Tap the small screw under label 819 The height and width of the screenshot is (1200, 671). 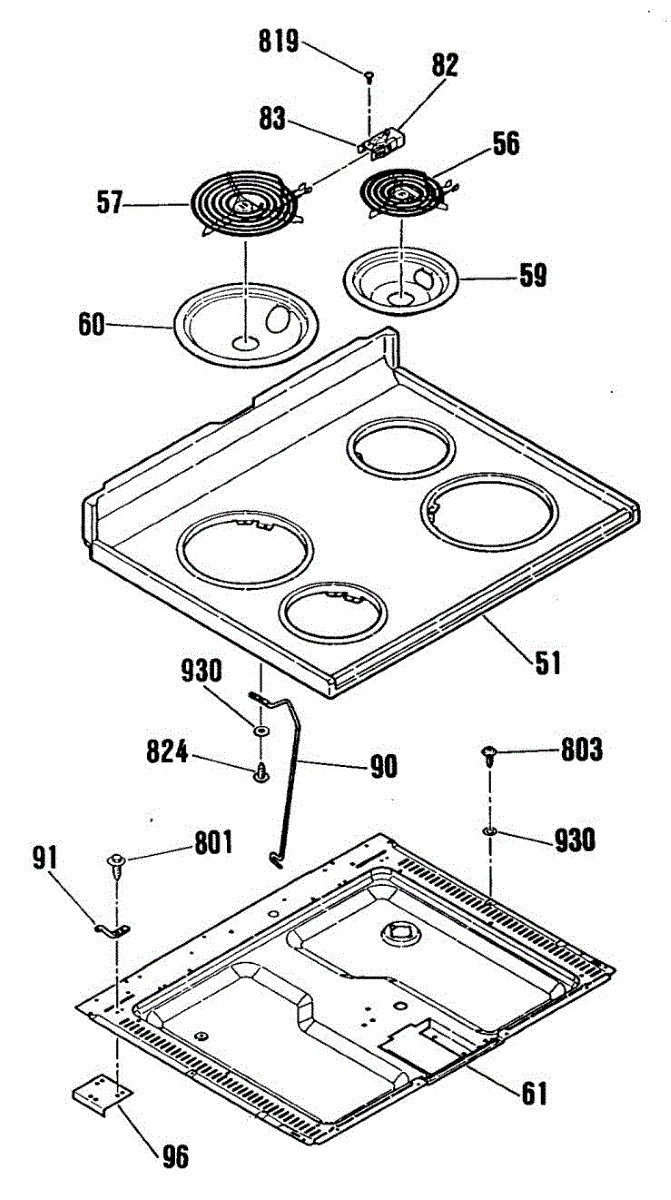(370, 75)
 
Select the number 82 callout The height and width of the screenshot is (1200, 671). (445, 66)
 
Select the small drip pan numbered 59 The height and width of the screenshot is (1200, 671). (400, 276)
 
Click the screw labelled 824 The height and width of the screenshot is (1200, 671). (260, 771)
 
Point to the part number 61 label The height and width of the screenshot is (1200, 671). (533, 1093)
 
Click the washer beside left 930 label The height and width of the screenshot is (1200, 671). (260, 731)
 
